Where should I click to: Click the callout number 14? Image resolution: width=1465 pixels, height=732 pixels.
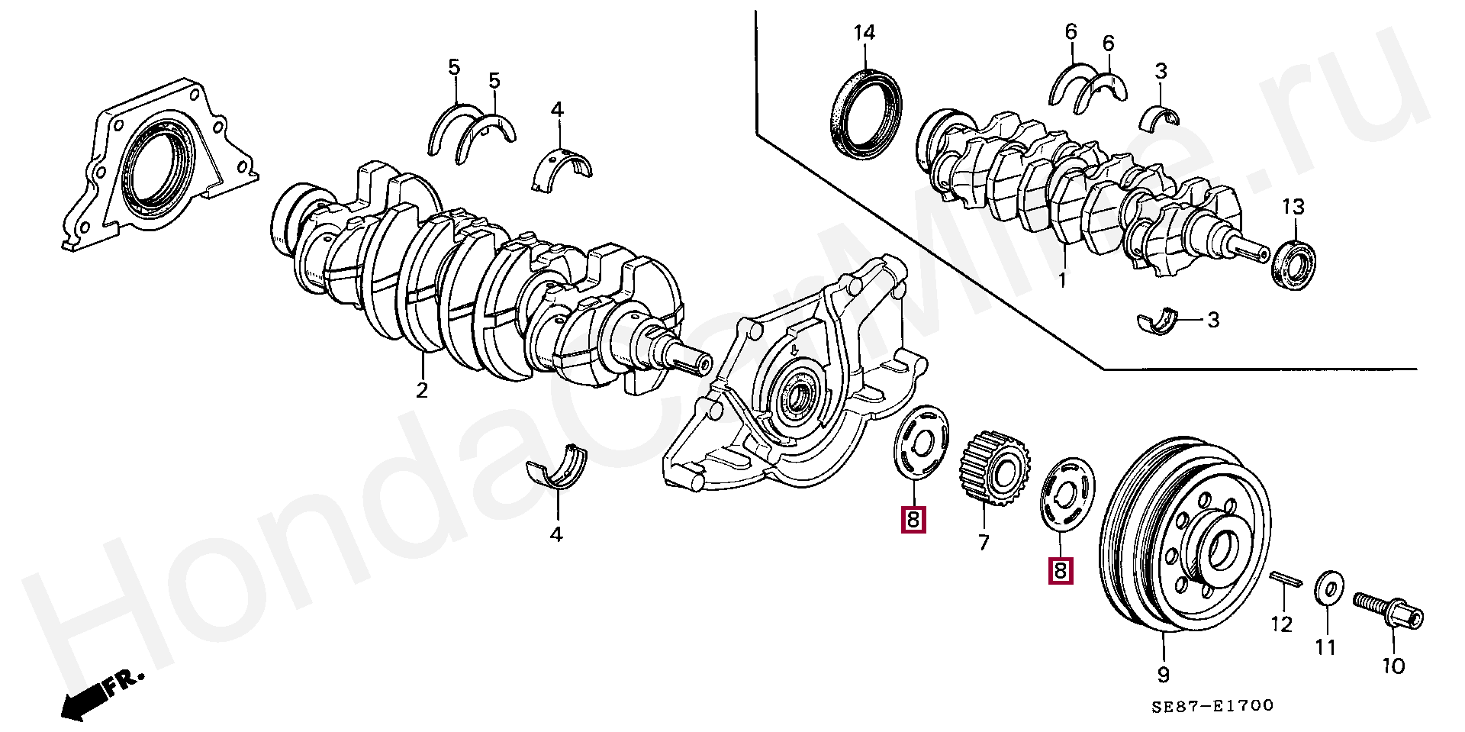click(x=865, y=33)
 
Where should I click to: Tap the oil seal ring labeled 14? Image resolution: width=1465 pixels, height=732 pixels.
click(x=865, y=114)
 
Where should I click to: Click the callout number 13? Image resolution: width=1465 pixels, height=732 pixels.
click(x=1293, y=207)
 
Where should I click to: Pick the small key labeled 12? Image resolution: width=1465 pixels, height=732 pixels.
click(x=1285, y=583)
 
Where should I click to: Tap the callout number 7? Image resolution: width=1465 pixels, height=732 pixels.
click(x=984, y=542)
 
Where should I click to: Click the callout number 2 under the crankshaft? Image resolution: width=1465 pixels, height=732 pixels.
click(x=422, y=390)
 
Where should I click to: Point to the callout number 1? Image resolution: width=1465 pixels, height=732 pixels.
click(x=1062, y=280)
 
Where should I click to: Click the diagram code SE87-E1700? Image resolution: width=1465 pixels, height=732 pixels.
click(x=1213, y=706)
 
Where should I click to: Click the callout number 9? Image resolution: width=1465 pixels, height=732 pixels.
click(x=1164, y=675)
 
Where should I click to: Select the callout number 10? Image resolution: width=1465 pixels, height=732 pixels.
click(x=1393, y=666)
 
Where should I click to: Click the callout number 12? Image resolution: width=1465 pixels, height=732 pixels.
click(x=1282, y=624)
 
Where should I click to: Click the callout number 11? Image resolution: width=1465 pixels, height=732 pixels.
click(x=1325, y=647)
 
